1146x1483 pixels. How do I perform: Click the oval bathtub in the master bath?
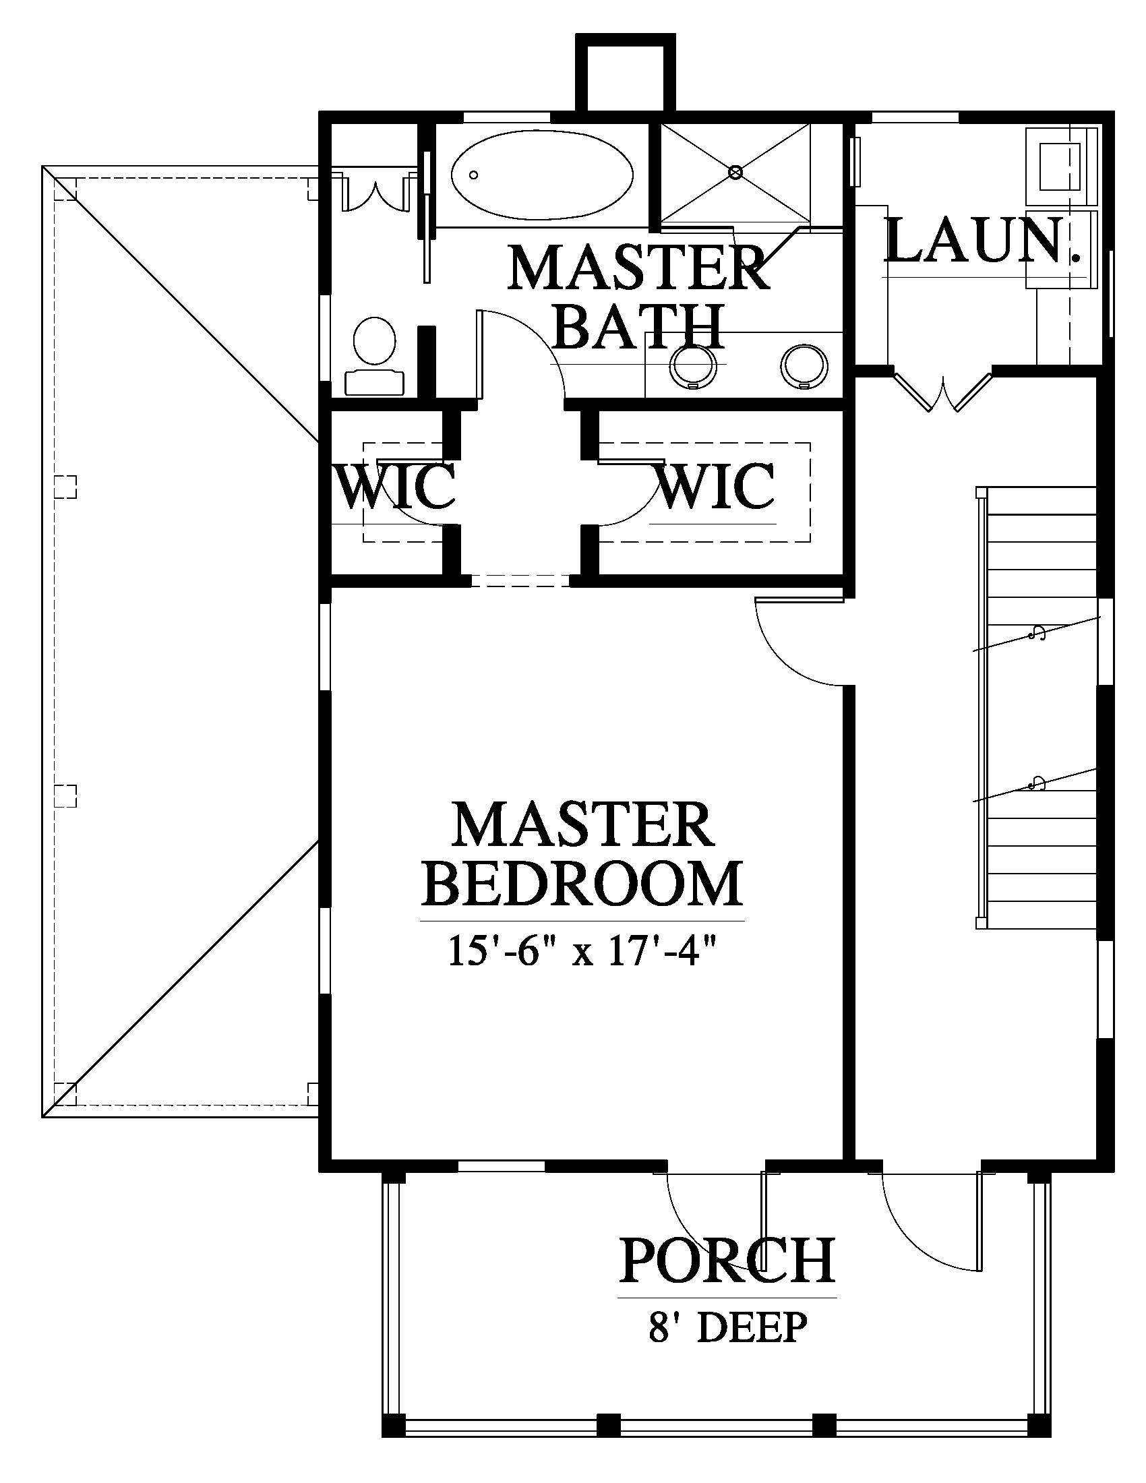[x=543, y=175]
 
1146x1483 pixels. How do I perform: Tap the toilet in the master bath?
[x=374, y=357]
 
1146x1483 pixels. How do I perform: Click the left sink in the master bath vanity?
[x=692, y=367]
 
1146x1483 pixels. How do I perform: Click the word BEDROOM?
[x=582, y=884]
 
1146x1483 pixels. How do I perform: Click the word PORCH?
[x=727, y=1261]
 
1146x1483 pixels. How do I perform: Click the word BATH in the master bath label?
[x=641, y=327]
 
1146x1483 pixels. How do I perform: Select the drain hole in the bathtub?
[x=473, y=175]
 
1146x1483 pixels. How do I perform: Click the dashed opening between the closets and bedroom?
[x=520, y=579]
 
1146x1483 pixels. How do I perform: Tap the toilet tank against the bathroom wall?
[x=374, y=383]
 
